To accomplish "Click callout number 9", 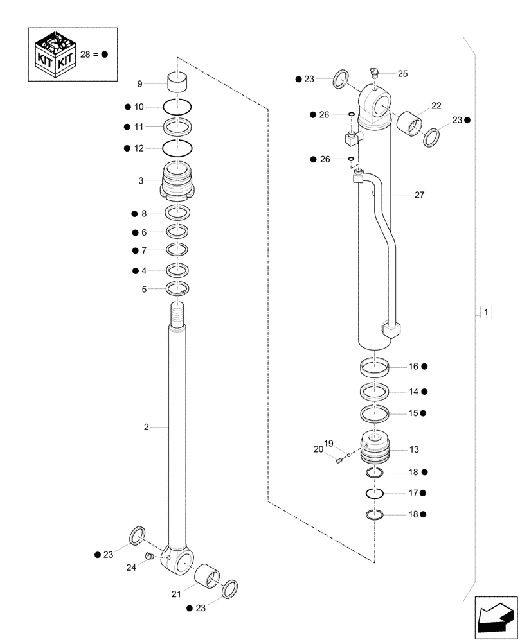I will pyautogui.click(x=139, y=83).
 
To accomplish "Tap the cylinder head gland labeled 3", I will pyautogui.click(x=176, y=182).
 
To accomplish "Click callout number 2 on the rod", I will pyautogui.click(x=147, y=427).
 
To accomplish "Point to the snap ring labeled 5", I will pyautogui.click(x=176, y=289).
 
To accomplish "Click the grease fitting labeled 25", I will pyautogui.click(x=374, y=73).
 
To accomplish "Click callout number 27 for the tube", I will pyautogui.click(x=419, y=194).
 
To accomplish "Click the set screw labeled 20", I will pyautogui.click(x=339, y=458).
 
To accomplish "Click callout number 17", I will pyautogui.click(x=413, y=493).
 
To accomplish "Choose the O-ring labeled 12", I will pyautogui.click(x=176, y=148).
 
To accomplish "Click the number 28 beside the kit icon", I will pyautogui.click(x=86, y=55).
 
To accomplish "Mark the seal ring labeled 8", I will pyautogui.click(x=176, y=213).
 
